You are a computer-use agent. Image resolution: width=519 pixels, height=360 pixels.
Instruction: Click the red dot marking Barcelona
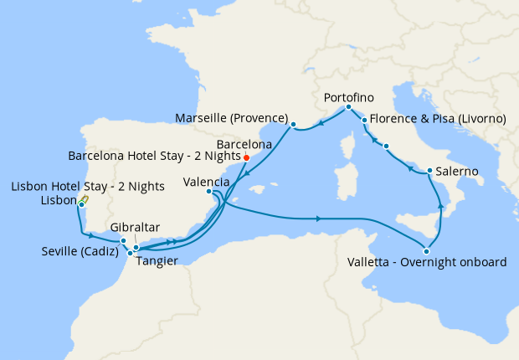pos(246,157)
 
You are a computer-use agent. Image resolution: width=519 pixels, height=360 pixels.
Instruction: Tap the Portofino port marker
pos(348,107)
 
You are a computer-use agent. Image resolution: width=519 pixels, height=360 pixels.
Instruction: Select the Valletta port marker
pos(427,251)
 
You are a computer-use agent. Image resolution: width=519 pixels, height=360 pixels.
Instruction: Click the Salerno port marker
pos(429,172)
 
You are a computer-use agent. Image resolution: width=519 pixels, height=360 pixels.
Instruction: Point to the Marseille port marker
pos(293,126)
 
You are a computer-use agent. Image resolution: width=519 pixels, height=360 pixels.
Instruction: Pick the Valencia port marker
pos(209,192)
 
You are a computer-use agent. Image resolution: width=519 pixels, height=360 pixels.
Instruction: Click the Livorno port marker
pos(365,121)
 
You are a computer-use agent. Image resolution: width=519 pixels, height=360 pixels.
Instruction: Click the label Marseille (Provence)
pos(232,117)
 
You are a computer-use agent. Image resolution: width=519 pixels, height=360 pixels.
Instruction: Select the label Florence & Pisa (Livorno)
pos(438,119)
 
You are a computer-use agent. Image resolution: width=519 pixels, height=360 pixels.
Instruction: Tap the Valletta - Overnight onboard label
pos(426,263)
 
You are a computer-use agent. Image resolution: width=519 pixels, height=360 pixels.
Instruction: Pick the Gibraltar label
pos(136,228)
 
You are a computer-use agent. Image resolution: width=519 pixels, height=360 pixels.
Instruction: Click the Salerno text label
pos(457,172)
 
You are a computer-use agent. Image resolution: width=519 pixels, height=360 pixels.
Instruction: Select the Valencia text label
pos(206,181)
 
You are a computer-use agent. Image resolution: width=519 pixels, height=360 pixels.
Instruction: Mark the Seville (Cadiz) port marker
pos(123,241)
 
